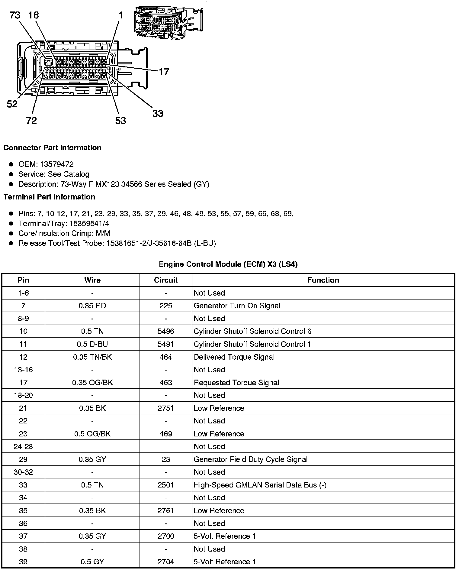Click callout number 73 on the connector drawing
click(15, 15)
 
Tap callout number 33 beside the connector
click(158, 114)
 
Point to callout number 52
click(12, 104)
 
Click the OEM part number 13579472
click(57, 164)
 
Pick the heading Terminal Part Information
click(49, 197)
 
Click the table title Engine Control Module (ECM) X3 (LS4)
click(228, 264)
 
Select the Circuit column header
click(166, 280)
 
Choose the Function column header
click(323, 280)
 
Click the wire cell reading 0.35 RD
click(92, 306)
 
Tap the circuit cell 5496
click(166, 332)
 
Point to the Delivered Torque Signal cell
click(234, 357)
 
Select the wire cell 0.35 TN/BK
click(92, 357)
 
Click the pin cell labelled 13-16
click(23, 370)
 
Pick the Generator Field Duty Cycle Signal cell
click(250, 460)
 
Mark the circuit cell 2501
click(166, 485)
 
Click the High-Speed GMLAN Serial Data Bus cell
click(260, 485)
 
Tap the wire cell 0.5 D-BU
click(92, 344)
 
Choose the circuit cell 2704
click(166, 562)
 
